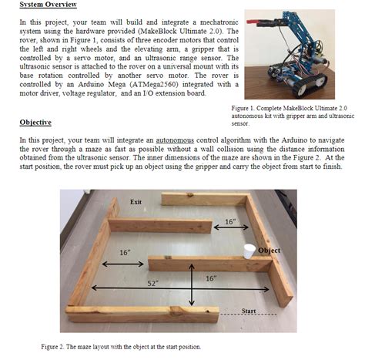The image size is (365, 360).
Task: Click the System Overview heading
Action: point(49,5)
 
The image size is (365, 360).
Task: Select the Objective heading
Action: point(35,123)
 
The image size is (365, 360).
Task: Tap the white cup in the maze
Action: point(249,251)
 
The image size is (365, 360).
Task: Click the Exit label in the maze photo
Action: point(136,202)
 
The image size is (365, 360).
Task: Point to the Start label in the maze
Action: point(249,311)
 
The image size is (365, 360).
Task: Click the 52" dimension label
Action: point(153,283)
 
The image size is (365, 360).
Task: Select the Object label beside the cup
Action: point(269,251)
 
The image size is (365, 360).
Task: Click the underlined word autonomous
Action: point(175,140)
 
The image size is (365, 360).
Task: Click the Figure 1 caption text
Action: point(293,116)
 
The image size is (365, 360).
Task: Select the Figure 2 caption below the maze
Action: point(121,347)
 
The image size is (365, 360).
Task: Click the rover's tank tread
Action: point(310,84)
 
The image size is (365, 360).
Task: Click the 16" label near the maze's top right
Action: point(230,221)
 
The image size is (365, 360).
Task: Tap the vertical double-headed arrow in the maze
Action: point(192,284)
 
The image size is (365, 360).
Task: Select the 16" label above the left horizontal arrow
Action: point(125,253)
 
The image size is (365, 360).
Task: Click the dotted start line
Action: point(249,315)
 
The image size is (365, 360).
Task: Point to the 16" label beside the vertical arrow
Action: point(211,278)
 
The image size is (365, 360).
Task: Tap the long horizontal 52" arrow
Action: point(180,288)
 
